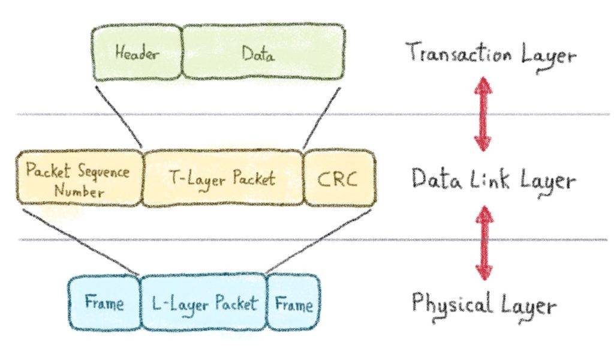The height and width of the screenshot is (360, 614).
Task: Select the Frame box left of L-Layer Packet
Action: pyautogui.click(x=104, y=304)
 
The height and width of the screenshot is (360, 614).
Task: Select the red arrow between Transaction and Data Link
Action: pyautogui.click(x=483, y=114)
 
